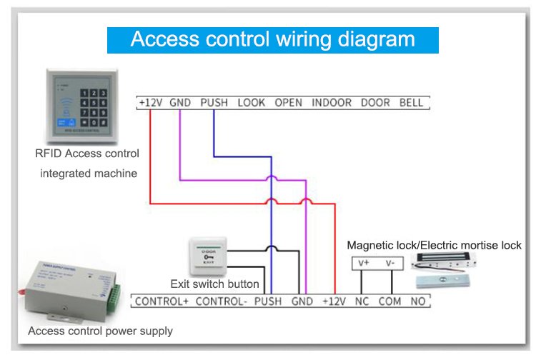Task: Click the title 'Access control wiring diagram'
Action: point(272,39)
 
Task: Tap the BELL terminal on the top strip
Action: point(411,103)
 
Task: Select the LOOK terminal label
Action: point(251,103)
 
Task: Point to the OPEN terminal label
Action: point(289,103)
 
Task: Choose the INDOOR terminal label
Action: point(332,103)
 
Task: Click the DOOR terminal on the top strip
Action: point(375,103)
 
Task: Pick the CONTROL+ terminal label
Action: point(162,301)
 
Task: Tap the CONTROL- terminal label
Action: point(221,301)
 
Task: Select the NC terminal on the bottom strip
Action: point(362,301)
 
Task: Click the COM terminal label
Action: point(390,301)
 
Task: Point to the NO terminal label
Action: point(418,301)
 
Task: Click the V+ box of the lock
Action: point(362,263)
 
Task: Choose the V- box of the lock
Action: point(390,263)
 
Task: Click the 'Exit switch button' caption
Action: point(214,284)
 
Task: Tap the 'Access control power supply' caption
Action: point(100,331)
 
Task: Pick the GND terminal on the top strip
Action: point(179,103)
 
